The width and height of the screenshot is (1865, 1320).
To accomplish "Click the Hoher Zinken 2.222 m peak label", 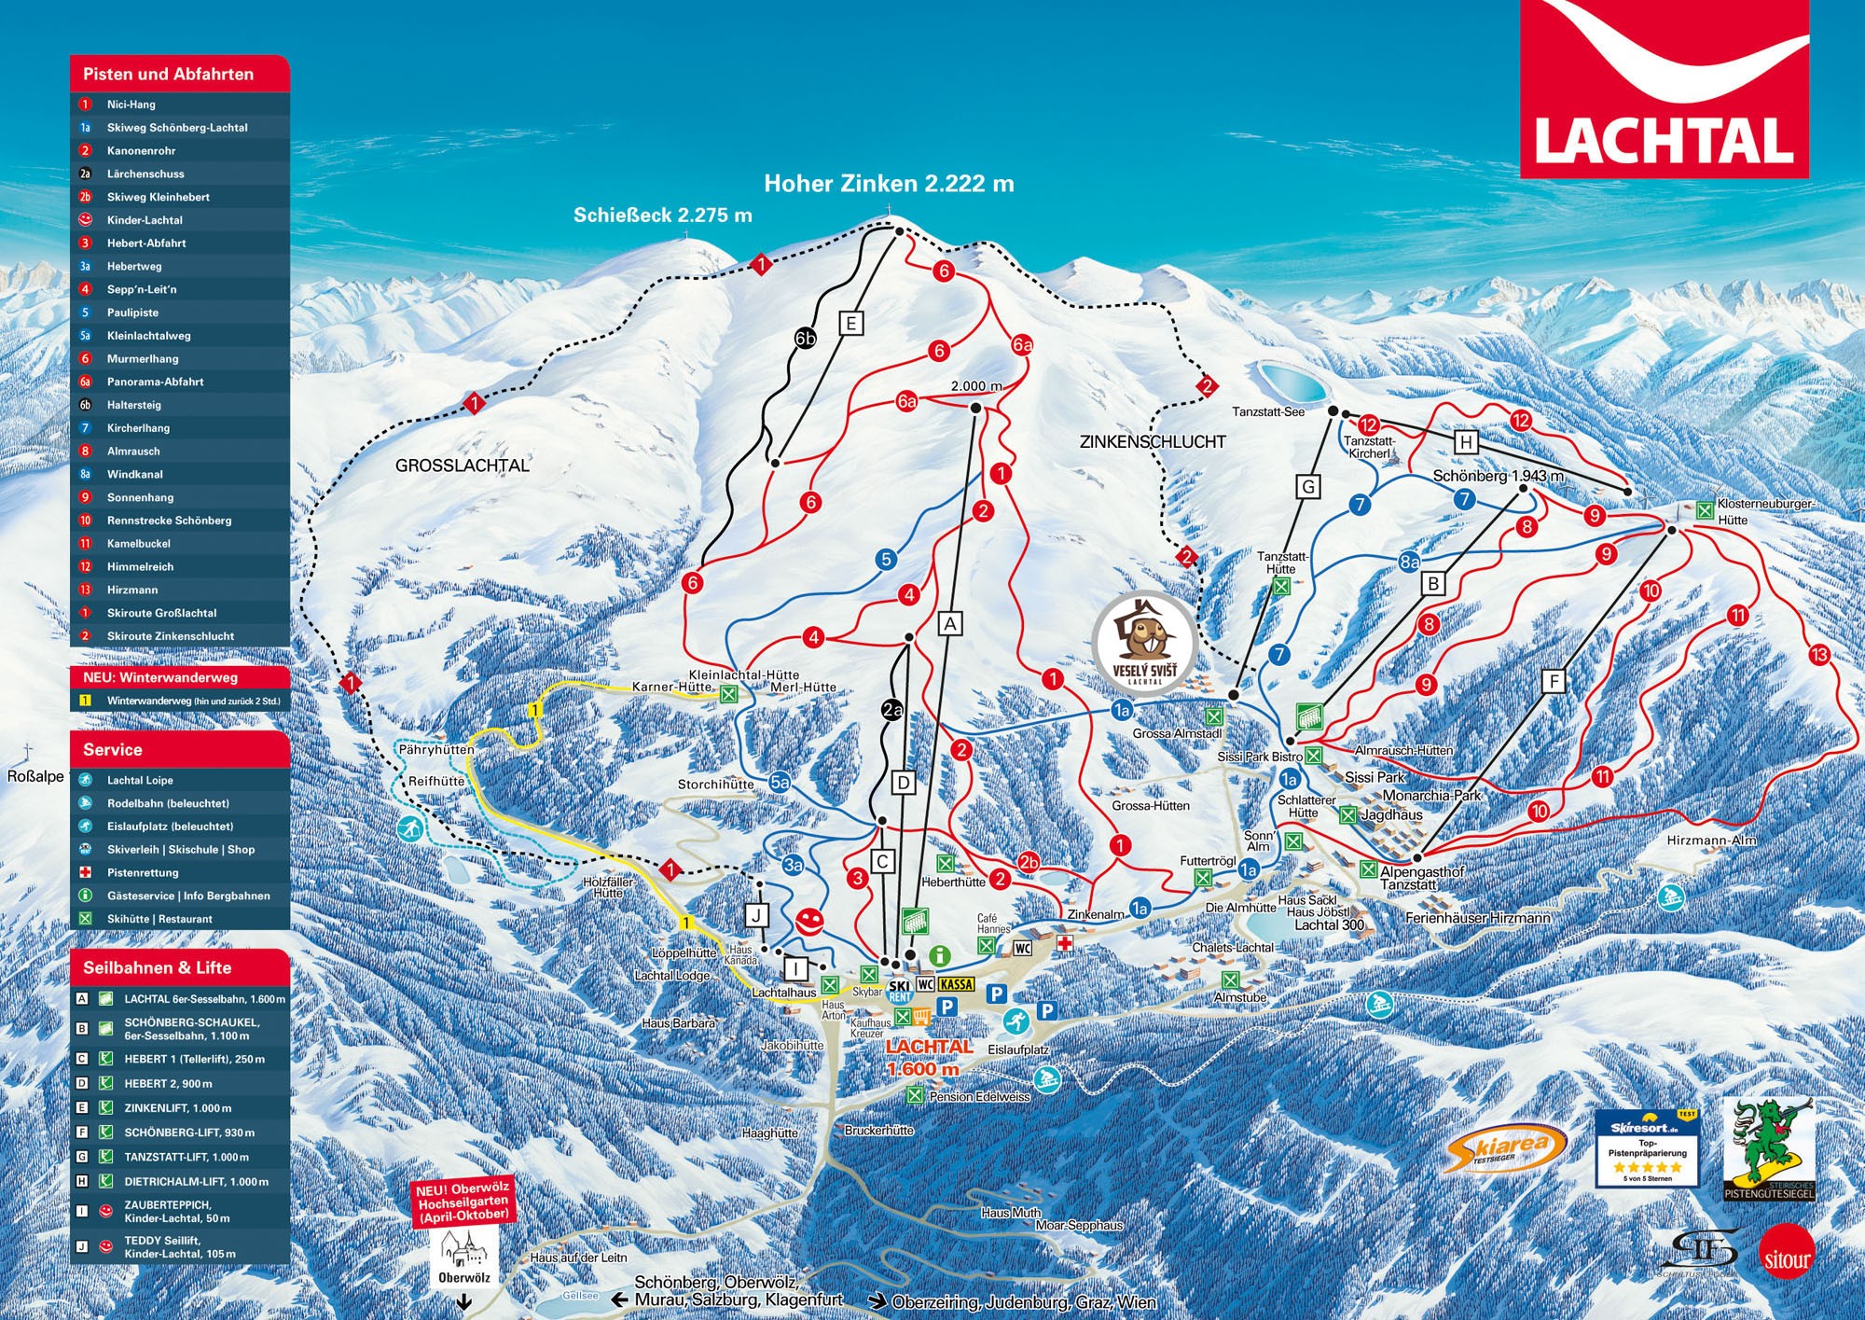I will click(x=889, y=184).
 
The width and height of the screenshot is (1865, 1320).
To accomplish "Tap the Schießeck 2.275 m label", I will click(x=662, y=215).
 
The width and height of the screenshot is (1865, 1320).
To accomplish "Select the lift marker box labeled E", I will click(x=850, y=323).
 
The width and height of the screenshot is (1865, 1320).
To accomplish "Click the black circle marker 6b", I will click(x=806, y=339).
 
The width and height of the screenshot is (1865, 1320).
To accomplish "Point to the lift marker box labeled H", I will click(x=1466, y=441).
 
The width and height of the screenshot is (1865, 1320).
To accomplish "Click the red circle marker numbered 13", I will click(x=1819, y=655).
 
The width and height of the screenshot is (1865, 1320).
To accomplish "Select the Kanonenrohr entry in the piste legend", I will click(x=141, y=150).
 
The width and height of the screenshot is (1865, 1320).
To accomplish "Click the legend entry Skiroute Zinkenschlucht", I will click(x=170, y=636).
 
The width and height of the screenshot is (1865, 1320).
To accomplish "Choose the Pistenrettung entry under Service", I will click(x=143, y=872).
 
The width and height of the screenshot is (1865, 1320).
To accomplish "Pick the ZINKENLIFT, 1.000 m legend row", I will click(x=177, y=1108).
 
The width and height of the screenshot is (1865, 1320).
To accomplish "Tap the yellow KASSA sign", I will click(x=957, y=984).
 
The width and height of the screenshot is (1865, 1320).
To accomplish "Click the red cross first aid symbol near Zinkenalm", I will click(x=1065, y=943).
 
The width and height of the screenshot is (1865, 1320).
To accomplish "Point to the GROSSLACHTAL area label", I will click(x=463, y=465).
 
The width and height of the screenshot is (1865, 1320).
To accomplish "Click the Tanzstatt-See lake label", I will click(x=1268, y=411).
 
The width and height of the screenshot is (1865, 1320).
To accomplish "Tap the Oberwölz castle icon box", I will click(x=463, y=1256).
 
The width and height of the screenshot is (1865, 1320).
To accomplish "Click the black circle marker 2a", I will click(x=892, y=710).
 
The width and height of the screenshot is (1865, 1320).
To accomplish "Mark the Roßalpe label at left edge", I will click(x=35, y=776).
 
